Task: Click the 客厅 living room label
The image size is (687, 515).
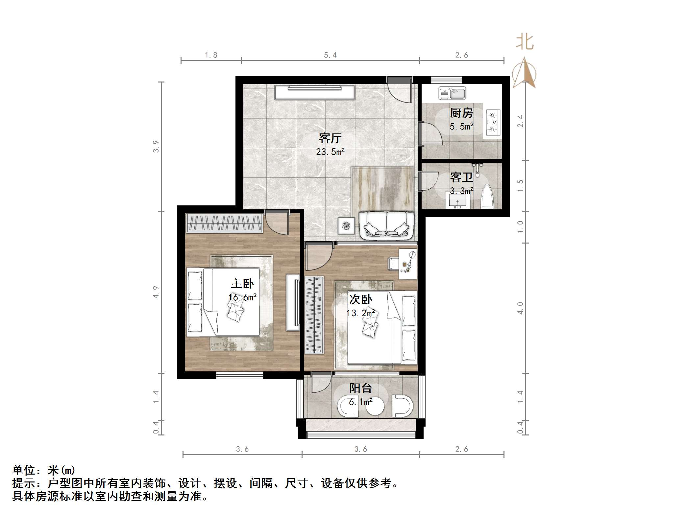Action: point(330,138)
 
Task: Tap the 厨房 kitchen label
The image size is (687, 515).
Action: point(461,113)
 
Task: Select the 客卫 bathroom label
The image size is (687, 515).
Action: point(461,177)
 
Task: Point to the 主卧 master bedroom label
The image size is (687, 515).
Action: point(242,284)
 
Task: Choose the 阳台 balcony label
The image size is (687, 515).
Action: point(360,388)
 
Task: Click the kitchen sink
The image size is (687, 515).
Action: point(452,93)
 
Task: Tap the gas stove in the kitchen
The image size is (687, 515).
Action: point(492,123)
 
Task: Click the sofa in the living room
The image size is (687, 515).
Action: point(386,225)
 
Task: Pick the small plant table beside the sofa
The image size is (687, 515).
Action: point(346,225)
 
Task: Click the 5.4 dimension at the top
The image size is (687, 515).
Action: point(330,55)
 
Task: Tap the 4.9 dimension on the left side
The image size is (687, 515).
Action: point(156,292)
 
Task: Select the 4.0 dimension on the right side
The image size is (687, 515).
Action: point(520,308)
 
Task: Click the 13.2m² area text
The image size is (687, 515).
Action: point(361,313)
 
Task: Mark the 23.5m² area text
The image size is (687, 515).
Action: point(330,152)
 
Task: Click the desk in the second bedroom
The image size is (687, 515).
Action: point(408,264)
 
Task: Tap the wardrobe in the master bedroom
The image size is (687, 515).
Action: point(225,223)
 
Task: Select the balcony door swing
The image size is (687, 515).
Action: point(321,382)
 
